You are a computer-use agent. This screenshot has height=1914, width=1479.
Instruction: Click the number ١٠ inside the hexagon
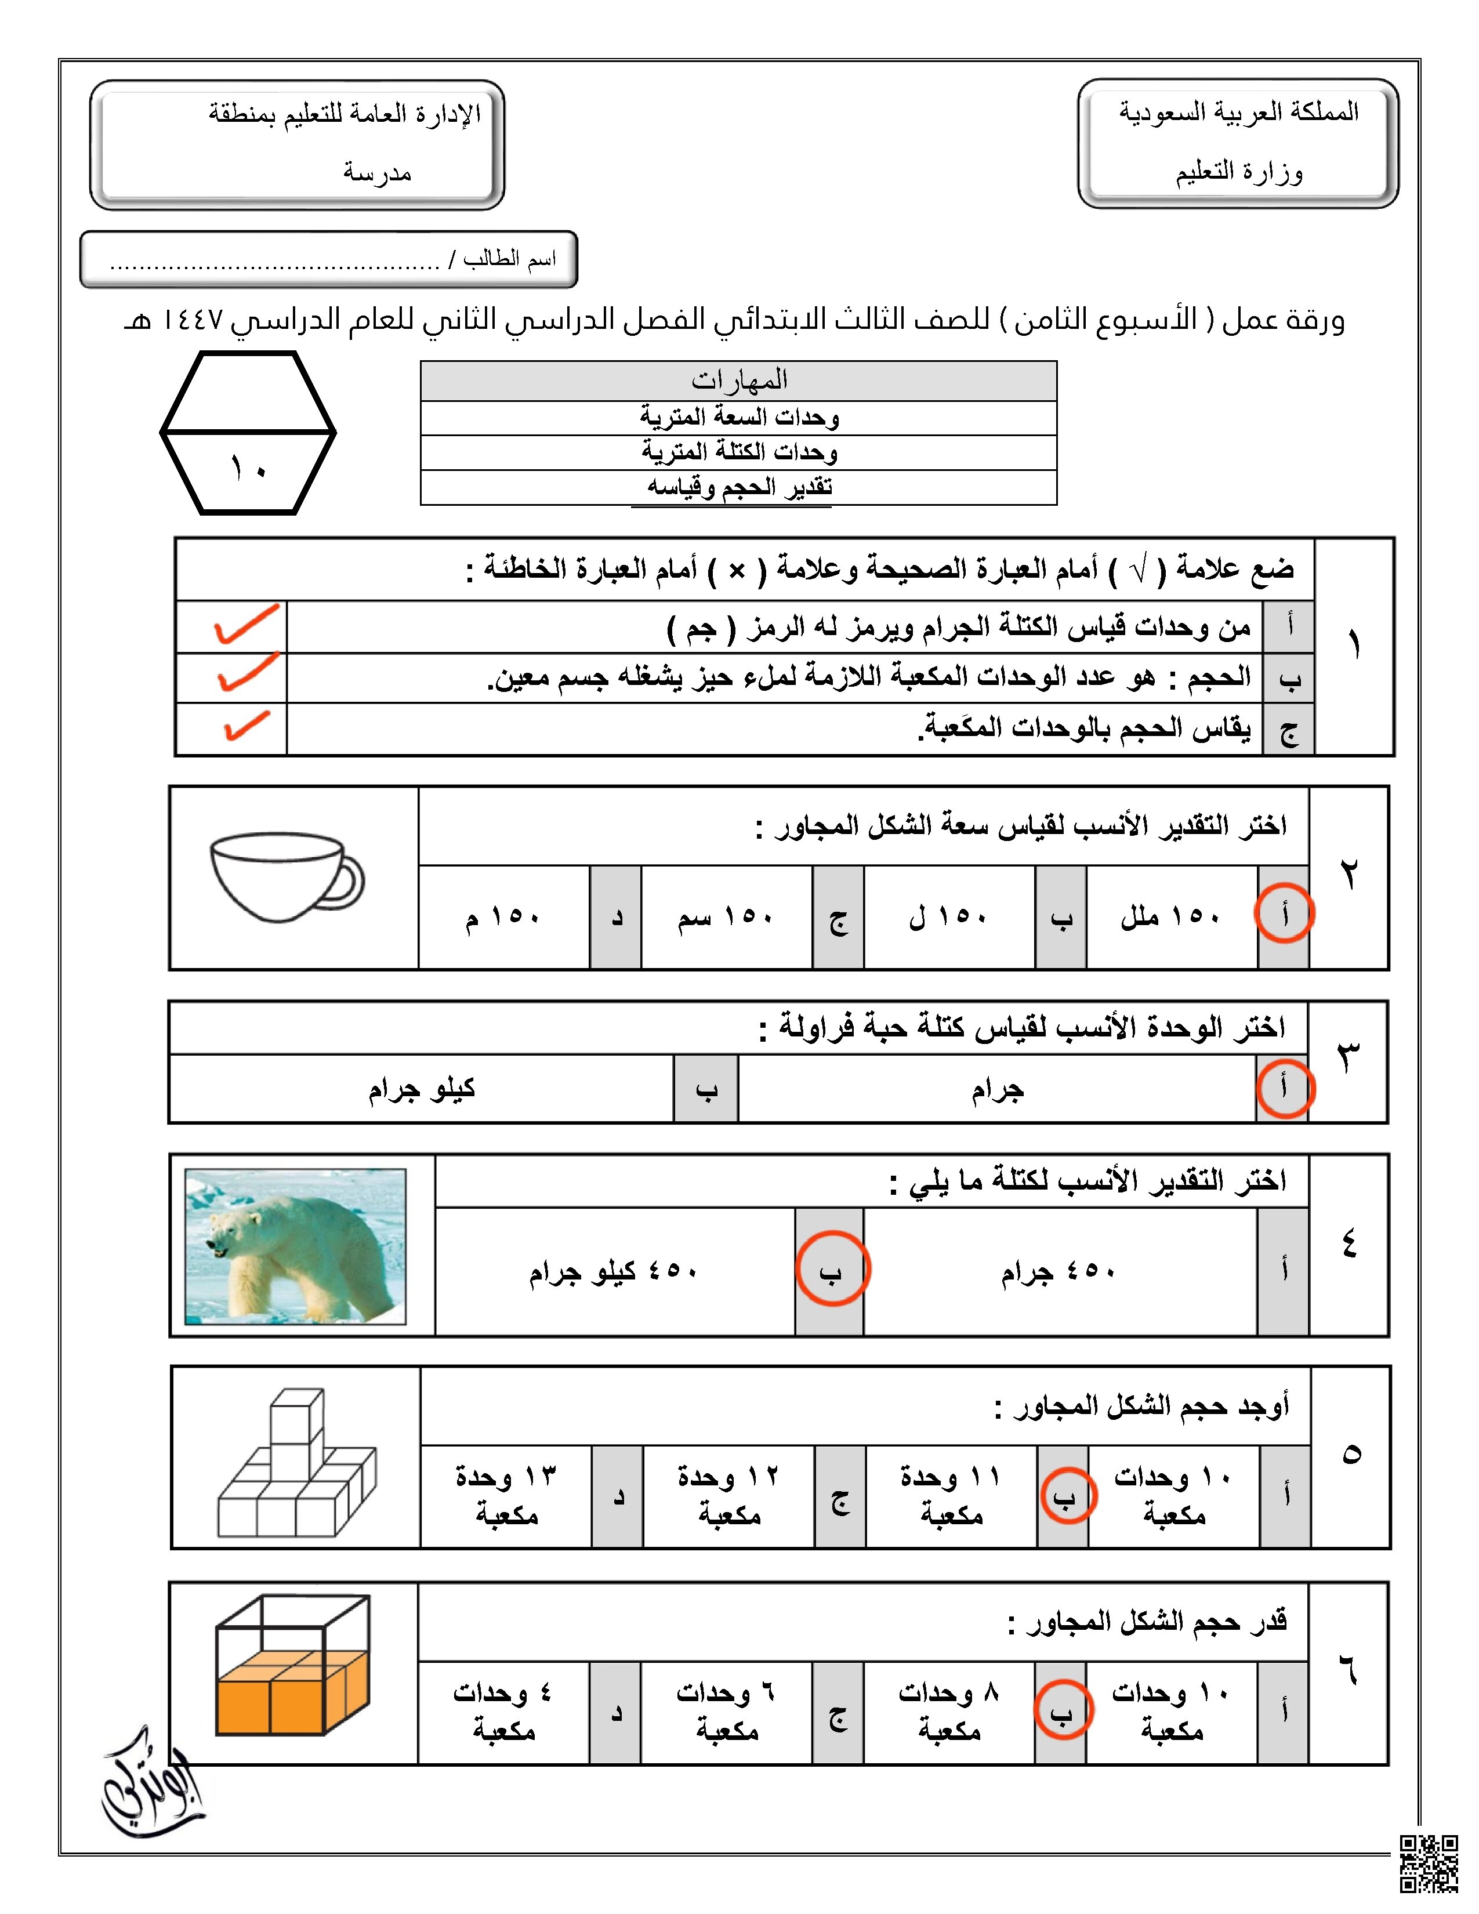(x=248, y=469)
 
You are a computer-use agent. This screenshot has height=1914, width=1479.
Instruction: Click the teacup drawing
(x=285, y=876)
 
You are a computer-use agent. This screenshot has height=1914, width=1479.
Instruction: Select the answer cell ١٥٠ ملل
(x=1170, y=916)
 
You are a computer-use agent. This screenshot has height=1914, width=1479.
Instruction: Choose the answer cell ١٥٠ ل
(x=948, y=916)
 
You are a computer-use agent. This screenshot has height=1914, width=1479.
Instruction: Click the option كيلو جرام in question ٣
(x=422, y=1089)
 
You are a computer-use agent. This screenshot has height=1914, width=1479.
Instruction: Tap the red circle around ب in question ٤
(x=832, y=1270)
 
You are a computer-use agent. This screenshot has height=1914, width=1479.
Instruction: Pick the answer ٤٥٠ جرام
(x=1058, y=1271)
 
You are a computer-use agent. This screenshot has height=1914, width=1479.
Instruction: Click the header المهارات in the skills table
(x=738, y=380)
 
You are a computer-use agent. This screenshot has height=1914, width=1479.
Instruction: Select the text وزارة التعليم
(x=1239, y=172)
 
